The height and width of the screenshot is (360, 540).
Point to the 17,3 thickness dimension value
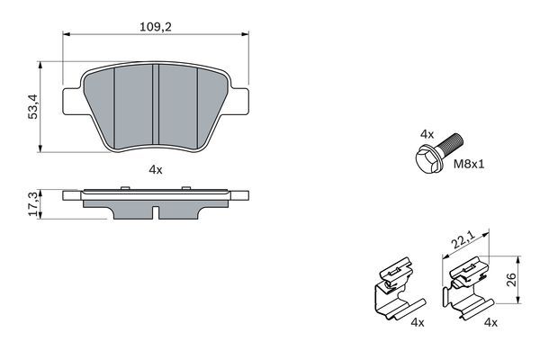(x=33, y=205)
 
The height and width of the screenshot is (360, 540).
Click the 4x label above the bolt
(x=427, y=133)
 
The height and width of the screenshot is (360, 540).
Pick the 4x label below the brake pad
(x=155, y=168)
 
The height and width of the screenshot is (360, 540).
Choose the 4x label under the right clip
(x=490, y=321)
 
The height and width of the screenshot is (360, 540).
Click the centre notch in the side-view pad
(x=156, y=214)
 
